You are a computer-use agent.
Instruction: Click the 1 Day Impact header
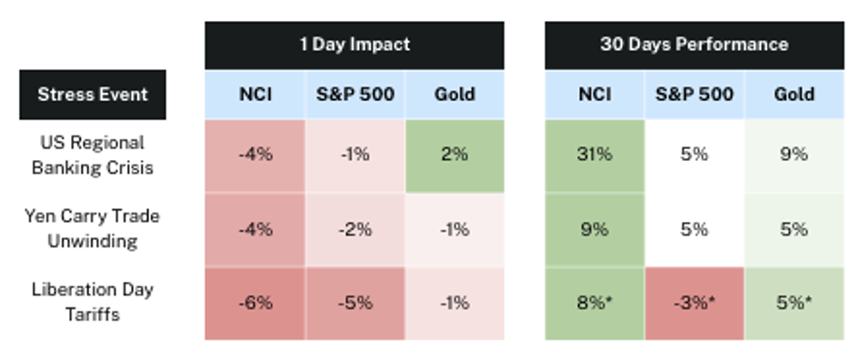pos(354,45)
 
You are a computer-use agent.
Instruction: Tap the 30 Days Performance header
pos(693,45)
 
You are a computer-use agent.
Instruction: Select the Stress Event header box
pos(93,95)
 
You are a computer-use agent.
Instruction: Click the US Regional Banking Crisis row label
pos(93,155)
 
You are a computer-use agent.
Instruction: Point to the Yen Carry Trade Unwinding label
pos(93,229)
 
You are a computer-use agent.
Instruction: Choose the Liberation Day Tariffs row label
pos(93,302)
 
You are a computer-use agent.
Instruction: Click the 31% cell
pos(594,155)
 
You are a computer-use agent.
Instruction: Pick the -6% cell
pos(255,304)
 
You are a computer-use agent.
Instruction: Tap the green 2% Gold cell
pos(454,155)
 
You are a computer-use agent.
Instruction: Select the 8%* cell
pos(594,304)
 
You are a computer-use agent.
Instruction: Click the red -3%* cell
pos(694,304)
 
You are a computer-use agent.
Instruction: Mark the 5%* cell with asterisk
pos(794,304)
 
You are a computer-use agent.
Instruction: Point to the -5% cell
pos(355,304)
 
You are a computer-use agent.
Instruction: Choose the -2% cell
pos(355,230)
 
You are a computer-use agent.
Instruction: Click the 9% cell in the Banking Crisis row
pos(794,155)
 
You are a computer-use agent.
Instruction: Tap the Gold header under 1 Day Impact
pos(454,95)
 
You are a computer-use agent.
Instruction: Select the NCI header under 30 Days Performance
pos(594,95)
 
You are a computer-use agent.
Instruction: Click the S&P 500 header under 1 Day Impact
pos(355,95)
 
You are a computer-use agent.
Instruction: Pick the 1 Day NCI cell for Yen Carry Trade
pos(255,230)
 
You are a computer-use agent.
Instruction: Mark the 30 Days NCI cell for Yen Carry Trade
pos(594,230)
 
